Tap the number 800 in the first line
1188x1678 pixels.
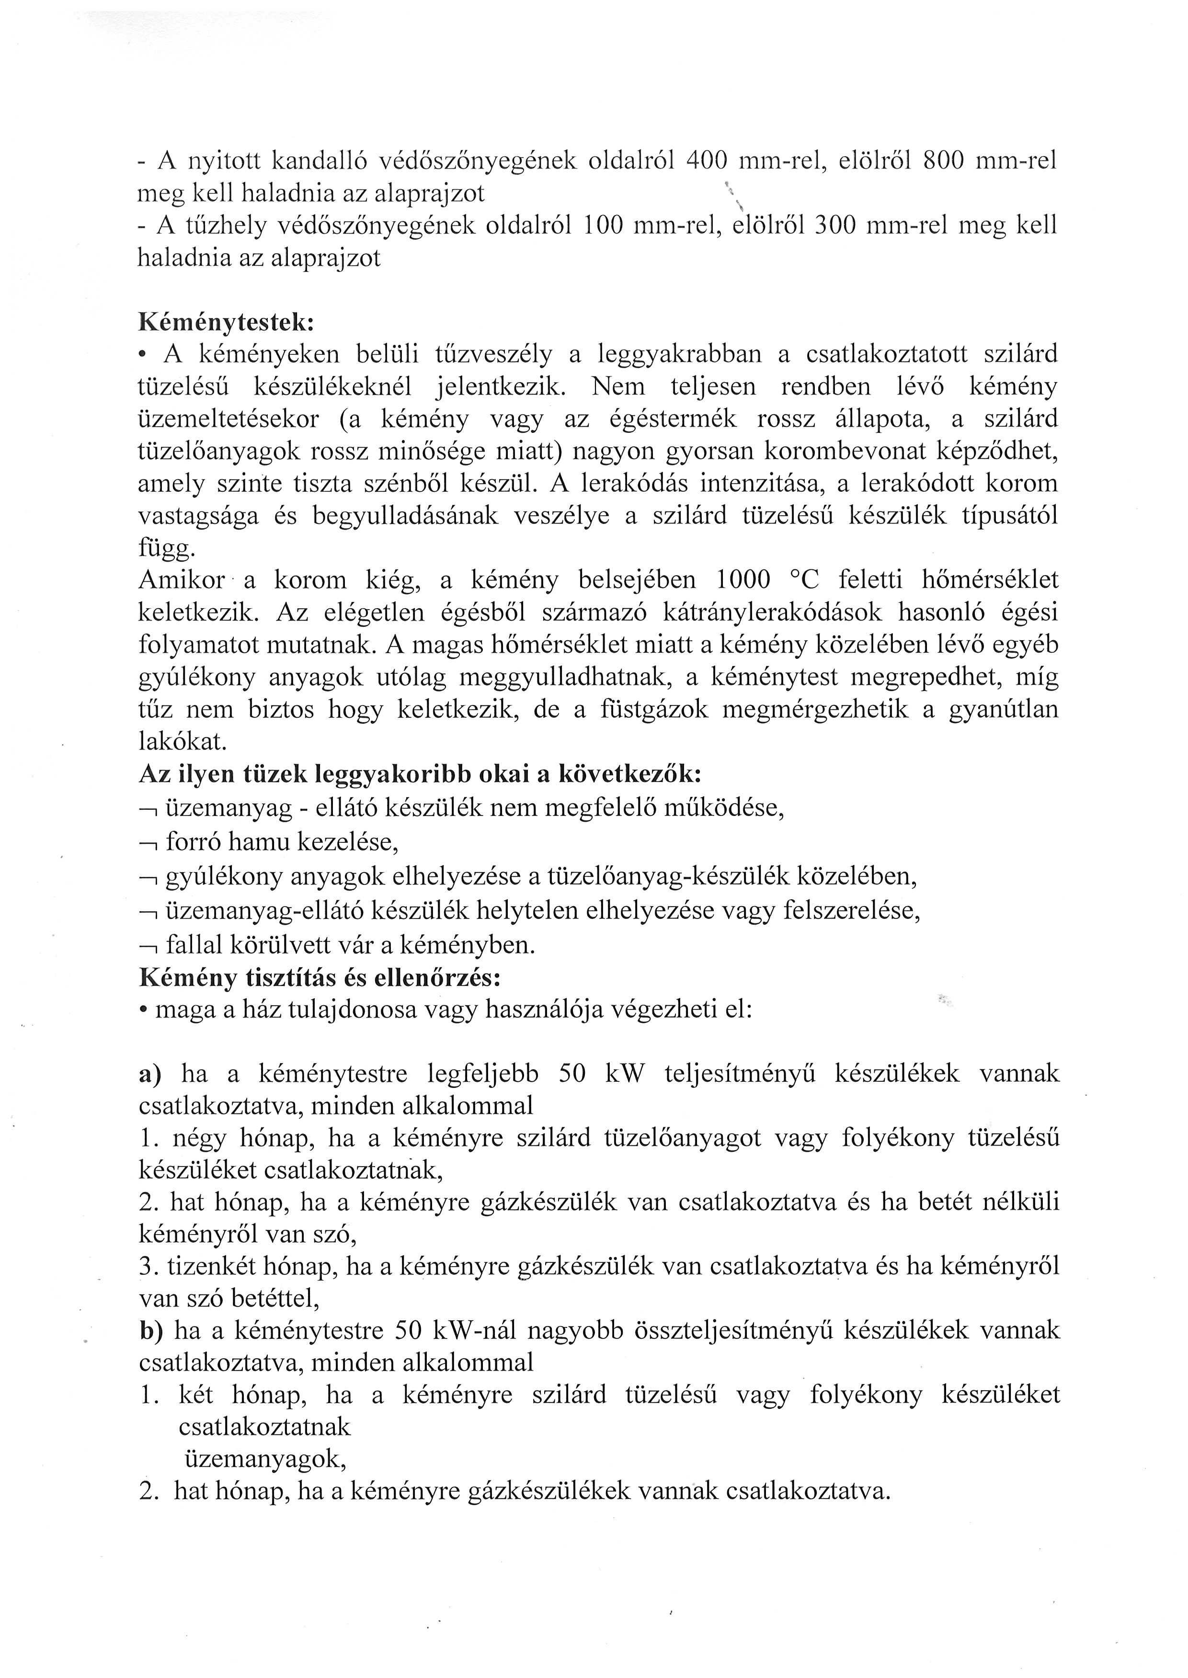[943, 161]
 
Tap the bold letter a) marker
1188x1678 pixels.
[150, 1073]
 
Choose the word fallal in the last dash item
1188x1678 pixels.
[192, 945]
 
